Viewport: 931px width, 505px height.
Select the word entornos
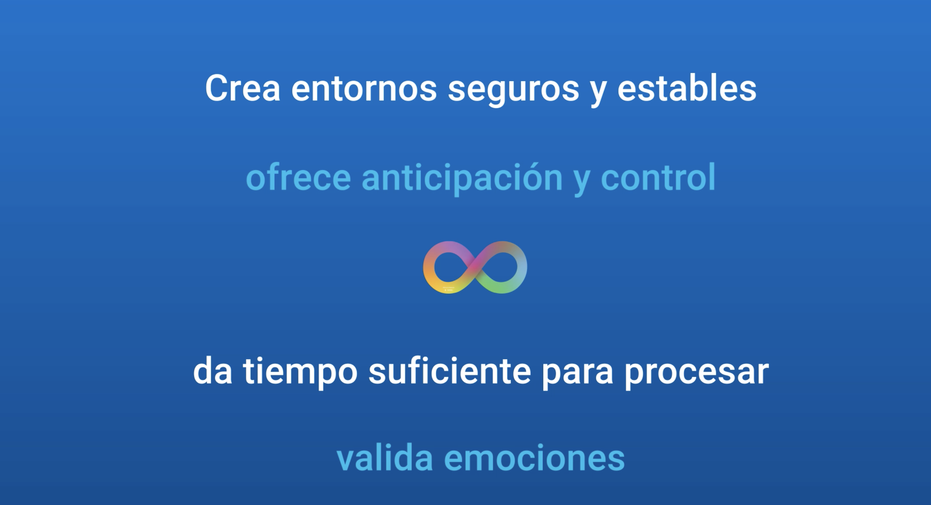pyautogui.click(x=364, y=89)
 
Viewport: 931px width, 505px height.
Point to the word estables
pyautogui.click(x=687, y=88)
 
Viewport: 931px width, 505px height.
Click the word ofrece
pyautogui.click(x=298, y=177)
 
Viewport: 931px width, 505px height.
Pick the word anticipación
pyautogui.click(x=462, y=179)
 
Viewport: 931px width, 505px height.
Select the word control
pyautogui.click(x=658, y=177)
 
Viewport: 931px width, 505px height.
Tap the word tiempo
pyautogui.click(x=300, y=372)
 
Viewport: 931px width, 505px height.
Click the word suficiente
pyautogui.click(x=449, y=370)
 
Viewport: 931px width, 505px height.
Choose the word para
pyautogui.click(x=577, y=374)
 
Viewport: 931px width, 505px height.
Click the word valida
pyautogui.click(x=385, y=457)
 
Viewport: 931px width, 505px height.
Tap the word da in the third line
pyautogui.click(x=212, y=370)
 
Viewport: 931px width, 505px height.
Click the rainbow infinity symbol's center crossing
pyautogui.click(x=475, y=267)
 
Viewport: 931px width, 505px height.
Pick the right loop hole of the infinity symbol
pyautogui.click(x=502, y=267)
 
